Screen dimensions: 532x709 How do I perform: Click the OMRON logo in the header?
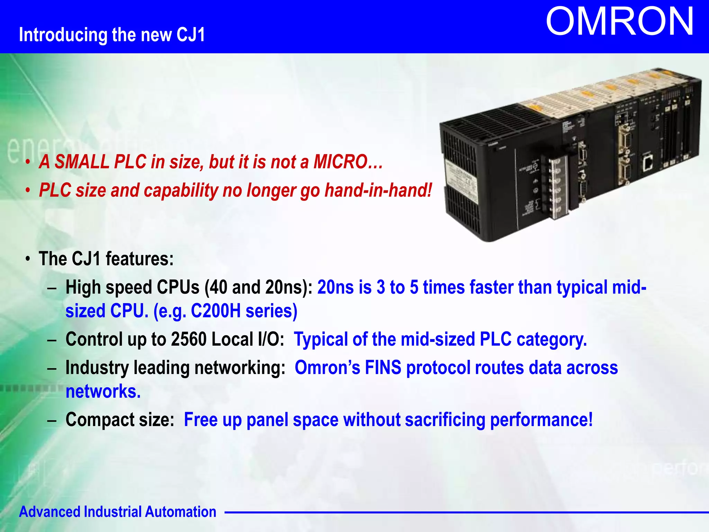tap(619, 21)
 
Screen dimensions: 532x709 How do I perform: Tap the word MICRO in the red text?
tap(340, 162)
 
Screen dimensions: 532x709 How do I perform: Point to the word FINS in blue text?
tap(383, 367)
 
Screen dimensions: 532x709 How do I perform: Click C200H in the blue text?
tap(216, 311)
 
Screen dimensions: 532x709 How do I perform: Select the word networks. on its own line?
tap(103, 391)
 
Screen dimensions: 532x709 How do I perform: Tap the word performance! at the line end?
tap(541, 420)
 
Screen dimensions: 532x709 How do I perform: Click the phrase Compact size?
tap(120, 420)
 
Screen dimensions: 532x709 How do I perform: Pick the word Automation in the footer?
tap(180, 512)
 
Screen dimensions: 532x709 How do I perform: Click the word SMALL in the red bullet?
tap(82, 162)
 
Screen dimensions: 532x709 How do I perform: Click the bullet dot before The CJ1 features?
tap(28, 259)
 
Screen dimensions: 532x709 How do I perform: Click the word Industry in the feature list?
tap(97, 367)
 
